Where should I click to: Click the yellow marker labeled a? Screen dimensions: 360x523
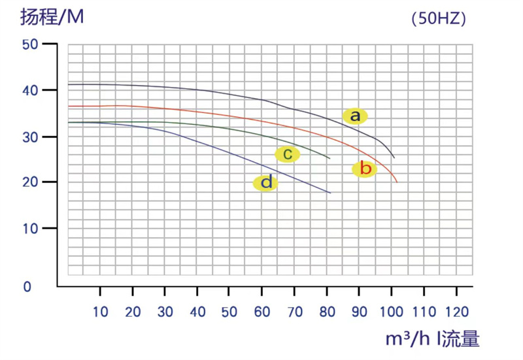click(355, 116)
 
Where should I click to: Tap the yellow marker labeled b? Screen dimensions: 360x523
click(365, 169)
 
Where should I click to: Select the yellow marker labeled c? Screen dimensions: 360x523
click(287, 154)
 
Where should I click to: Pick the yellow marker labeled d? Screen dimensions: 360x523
click(265, 183)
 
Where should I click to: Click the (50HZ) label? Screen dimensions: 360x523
click(439, 19)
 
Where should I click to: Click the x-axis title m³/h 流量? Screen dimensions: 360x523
click(432, 338)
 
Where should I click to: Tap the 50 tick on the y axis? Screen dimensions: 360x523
click(31, 44)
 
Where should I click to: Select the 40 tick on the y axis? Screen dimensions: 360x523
click(31, 90)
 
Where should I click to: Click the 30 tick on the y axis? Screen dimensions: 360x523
click(31, 137)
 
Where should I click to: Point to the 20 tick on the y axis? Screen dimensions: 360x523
click(31, 182)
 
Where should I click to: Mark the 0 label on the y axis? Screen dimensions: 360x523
click(27, 287)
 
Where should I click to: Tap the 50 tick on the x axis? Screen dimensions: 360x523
click(229, 312)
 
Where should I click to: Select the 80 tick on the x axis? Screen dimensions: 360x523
click(327, 312)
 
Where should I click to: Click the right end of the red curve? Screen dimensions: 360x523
click(397, 182)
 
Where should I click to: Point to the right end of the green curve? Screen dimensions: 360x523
click(330, 159)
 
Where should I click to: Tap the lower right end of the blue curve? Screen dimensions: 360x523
click(331, 193)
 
